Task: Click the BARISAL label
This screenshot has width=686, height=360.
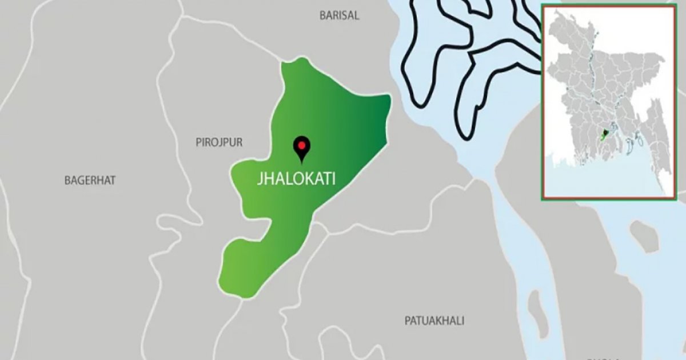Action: click(339, 15)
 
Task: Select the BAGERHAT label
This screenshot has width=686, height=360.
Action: click(90, 180)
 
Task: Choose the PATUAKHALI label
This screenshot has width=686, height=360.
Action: click(434, 321)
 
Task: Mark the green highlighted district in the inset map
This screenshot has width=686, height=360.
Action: click(607, 133)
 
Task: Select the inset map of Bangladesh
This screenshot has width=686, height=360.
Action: click(608, 102)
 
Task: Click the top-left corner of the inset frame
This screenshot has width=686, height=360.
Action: click(543, 5)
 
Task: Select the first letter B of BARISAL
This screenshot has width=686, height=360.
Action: click(322, 15)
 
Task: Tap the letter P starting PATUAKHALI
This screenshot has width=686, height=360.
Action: click(408, 321)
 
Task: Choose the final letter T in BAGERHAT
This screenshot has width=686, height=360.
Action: click(113, 180)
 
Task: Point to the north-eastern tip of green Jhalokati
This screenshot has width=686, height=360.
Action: click(388, 98)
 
